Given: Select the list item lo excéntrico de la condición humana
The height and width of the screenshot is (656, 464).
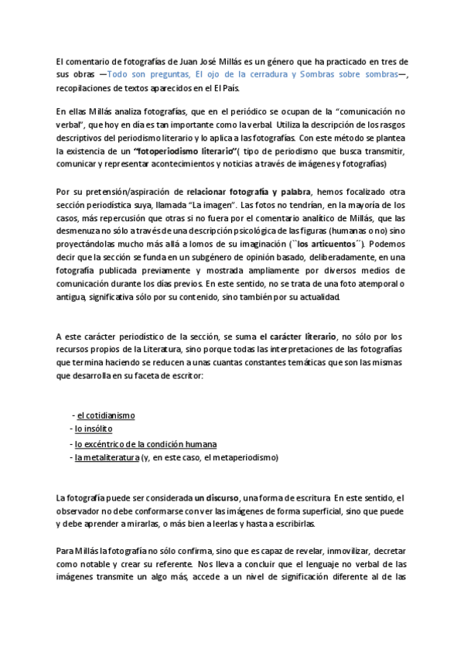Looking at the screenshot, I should point(145,444).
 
